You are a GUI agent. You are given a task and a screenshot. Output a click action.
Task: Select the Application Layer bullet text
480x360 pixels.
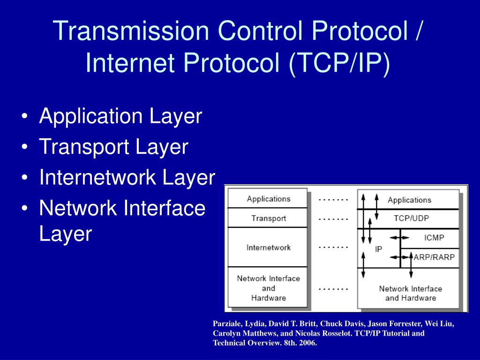tap(120, 117)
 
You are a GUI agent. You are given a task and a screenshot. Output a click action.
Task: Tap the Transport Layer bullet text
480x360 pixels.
tap(113, 147)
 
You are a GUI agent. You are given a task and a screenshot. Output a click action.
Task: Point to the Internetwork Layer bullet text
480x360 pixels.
tap(127, 178)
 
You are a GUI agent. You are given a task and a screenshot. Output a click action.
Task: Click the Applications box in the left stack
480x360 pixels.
tap(268, 199)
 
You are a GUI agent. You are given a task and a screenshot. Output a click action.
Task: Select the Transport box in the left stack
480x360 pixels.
tap(268, 218)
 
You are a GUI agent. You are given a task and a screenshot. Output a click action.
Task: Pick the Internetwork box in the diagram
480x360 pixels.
tap(268, 247)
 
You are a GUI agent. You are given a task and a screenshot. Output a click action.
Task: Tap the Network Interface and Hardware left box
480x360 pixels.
tap(268, 288)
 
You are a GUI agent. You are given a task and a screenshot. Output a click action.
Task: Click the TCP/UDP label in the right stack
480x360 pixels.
tap(411, 218)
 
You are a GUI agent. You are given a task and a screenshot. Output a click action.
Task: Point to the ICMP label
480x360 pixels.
tap(434, 238)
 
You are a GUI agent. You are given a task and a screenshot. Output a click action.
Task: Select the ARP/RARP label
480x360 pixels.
tap(434, 257)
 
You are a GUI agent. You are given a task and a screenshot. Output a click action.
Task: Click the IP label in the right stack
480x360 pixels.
tap(379, 250)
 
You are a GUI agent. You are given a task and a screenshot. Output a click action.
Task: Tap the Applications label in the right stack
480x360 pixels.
tap(409, 200)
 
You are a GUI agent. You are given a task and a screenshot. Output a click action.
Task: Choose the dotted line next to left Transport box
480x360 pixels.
tap(333, 218)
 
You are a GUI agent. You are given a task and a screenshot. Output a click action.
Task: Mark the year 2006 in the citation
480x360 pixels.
tap(308, 343)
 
